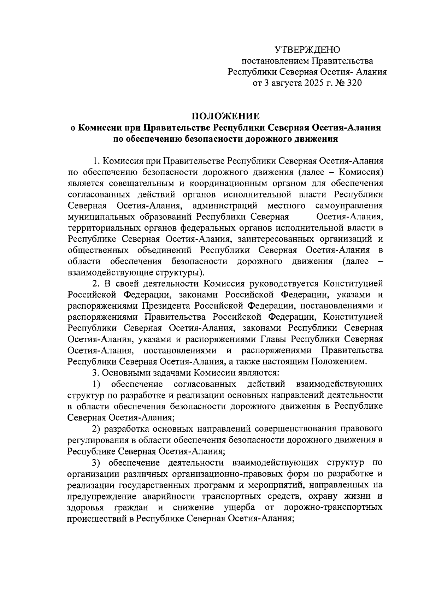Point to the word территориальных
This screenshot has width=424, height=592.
pos(103,228)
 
